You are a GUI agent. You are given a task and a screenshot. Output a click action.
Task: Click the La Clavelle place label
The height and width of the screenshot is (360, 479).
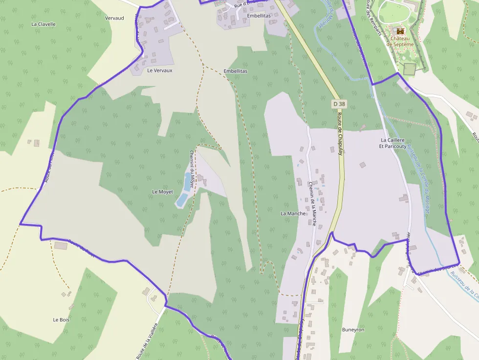tap(44, 24)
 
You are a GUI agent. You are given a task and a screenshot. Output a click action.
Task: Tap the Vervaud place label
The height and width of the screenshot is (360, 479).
tap(114, 18)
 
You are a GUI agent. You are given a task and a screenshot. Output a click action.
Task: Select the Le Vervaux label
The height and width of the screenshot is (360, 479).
tap(160, 70)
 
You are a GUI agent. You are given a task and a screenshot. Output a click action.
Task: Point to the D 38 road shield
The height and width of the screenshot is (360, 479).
tap(339, 104)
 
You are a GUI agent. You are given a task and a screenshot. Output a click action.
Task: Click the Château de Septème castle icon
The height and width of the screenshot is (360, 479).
tap(401, 30)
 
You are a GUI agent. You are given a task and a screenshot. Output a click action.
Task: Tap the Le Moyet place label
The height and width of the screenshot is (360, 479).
tap(163, 192)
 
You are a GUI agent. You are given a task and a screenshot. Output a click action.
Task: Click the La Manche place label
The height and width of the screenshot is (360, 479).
tap(293, 213)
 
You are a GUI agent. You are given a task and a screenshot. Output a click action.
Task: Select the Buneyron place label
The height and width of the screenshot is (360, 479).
tap(353, 330)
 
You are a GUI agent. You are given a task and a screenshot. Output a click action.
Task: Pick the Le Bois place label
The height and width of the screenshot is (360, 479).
tap(61, 320)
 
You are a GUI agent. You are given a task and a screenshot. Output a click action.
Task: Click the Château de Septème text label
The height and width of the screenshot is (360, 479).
tap(400, 41)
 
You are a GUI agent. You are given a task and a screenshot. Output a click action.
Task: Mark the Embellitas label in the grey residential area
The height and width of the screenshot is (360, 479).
tap(259, 16)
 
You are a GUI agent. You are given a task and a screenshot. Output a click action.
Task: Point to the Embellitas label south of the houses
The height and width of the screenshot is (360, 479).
tap(236, 71)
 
